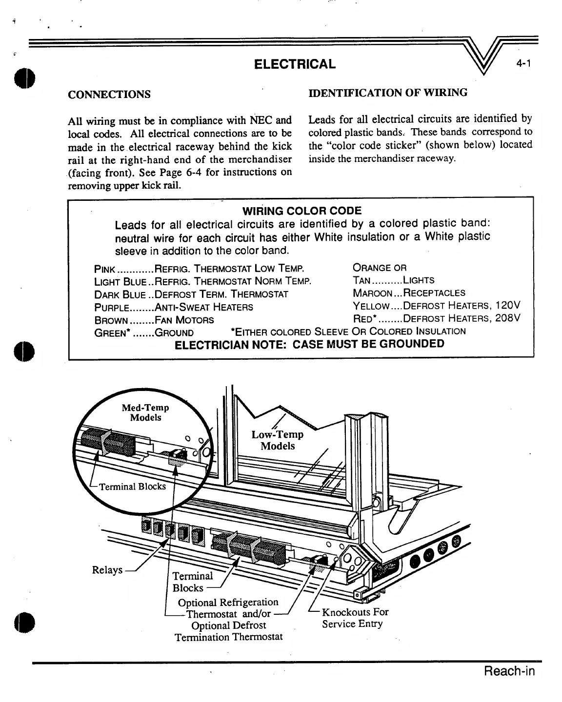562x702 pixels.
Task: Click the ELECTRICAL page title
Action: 295,64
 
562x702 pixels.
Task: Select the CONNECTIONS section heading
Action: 109,94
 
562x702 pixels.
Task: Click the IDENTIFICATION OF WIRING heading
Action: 388,92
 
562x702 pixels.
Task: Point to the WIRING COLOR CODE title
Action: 302,211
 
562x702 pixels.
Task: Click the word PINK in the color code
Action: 104,269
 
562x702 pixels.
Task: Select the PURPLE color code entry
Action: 112,307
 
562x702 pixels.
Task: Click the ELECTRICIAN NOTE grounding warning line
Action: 309,344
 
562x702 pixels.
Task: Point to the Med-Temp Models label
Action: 145,412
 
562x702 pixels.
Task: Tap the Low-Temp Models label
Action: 278,440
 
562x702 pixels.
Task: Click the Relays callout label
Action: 107,570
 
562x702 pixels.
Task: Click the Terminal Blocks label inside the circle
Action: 132,486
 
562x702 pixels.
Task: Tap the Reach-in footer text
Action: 509,671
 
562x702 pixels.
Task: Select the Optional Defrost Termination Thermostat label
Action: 229,631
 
